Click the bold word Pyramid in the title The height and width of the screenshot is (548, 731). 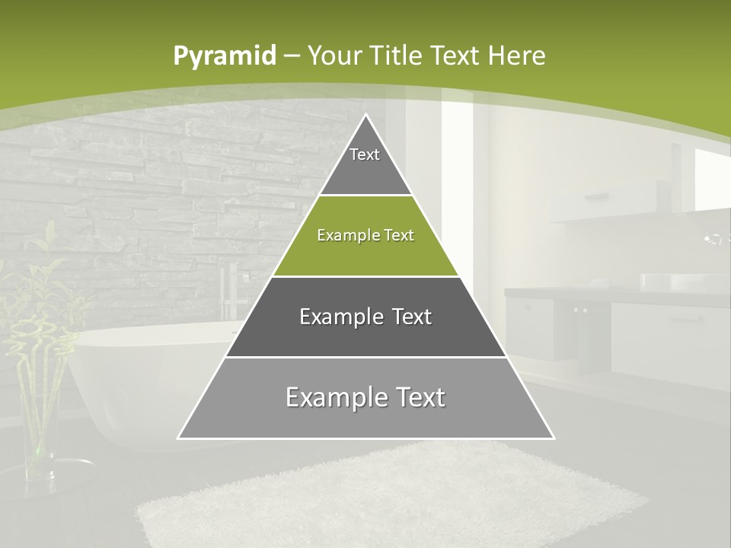225,56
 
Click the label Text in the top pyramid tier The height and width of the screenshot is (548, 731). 365,155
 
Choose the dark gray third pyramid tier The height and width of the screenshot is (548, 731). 365,317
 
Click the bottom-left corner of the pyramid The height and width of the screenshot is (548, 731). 180,437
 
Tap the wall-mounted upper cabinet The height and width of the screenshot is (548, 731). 609,199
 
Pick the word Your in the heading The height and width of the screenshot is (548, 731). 335,56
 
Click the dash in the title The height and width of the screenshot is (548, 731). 292,56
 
